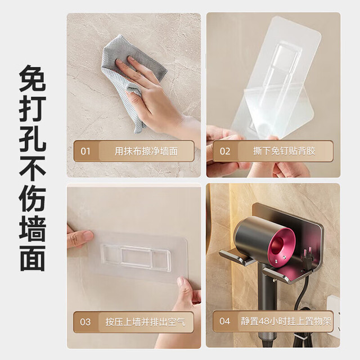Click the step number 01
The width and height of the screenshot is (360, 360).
tap(85, 151)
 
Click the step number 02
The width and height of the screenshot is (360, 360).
tap(225, 151)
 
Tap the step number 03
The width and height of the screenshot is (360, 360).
tap(85, 322)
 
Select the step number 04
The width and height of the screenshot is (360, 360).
tap(224, 321)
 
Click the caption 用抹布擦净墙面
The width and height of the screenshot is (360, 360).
tap(146, 151)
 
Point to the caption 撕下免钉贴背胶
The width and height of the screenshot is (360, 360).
tap(284, 151)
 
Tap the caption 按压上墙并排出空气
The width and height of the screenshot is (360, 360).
tap(145, 322)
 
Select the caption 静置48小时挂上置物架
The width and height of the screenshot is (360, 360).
tap(286, 321)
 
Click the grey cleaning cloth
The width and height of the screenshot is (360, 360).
tap(129, 78)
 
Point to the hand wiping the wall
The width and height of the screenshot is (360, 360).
tap(151, 96)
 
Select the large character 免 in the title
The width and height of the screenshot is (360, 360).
tap(33, 78)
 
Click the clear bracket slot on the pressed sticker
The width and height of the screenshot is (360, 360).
tap(136, 256)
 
